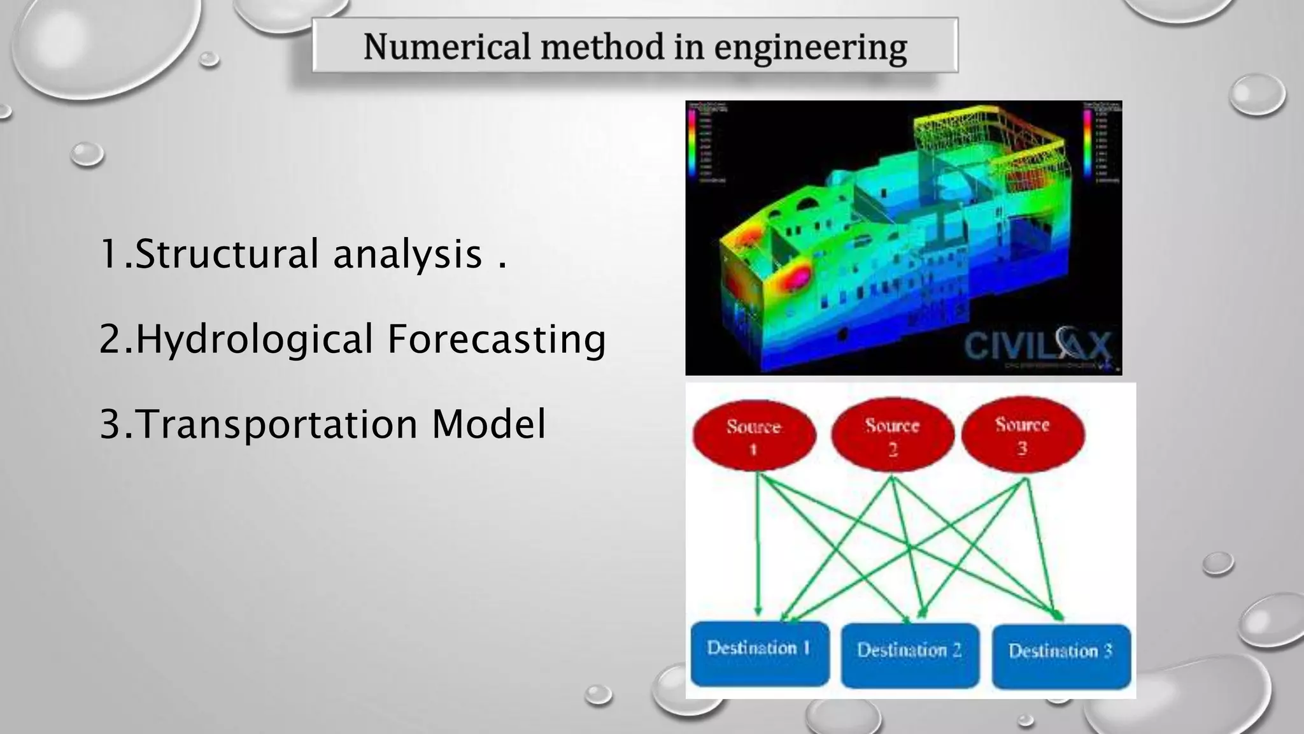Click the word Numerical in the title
pyautogui.click(x=446, y=47)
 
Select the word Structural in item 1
pyautogui.click(x=227, y=254)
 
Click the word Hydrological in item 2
pyautogui.click(x=255, y=338)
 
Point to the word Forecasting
pyautogui.click(x=497, y=338)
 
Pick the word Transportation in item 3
pyautogui.click(x=277, y=424)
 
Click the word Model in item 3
pyautogui.click(x=488, y=424)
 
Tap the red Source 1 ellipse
pyautogui.click(x=753, y=436)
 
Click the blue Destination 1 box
pyautogui.click(x=760, y=654)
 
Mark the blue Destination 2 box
pyautogui.click(x=909, y=655)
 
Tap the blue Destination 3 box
pyautogui.click(x=1061, y=656)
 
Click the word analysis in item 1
pyautogui.click(x=407, y=254)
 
